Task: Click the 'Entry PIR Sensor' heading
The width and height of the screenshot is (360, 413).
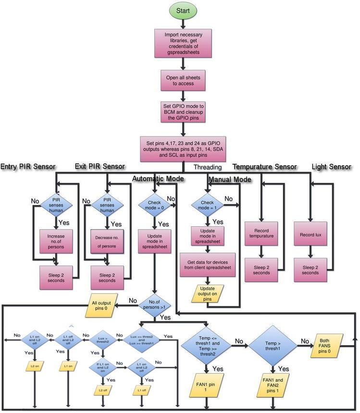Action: tap(28, 167)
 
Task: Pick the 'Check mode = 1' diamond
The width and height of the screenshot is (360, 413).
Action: tap(207, 205)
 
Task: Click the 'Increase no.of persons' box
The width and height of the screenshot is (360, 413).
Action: tap(56, 241)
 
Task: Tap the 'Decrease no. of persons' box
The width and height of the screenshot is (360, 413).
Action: tap(108, 242)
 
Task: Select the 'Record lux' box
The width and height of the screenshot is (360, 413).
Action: tap(310, 235)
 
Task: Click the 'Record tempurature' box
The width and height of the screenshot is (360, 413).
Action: tap(261, 236)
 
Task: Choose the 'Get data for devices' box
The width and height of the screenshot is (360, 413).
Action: tap(208, 264)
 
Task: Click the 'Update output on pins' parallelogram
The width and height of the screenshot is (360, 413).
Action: tap(208, 294)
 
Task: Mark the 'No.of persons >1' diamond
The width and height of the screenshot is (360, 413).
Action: tap(154, 304)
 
